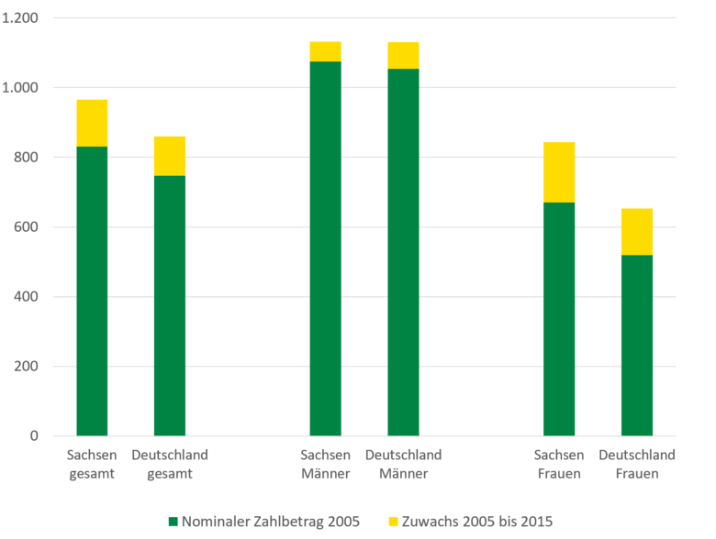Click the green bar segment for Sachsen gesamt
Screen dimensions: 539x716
[x=92, y=291]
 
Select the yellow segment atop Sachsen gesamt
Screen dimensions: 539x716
[x=92, y=123]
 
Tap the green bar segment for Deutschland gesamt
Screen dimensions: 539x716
[x=170, y=305]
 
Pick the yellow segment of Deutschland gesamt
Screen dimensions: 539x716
[x=170, y=156]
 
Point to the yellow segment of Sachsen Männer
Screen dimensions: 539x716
[x=325, y=51]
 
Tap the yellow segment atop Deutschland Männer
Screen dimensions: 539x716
[x=403, y=55]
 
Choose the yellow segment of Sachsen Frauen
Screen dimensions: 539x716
[x=559, y=172]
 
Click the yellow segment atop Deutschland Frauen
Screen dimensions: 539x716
[x=637, y=232]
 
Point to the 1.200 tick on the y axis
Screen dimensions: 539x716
[x=20, y=18]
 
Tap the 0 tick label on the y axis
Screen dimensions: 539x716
[x=35, y=436]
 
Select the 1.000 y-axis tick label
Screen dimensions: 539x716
[x=20, y=88]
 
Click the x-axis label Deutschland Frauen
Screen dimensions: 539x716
[x=637, y=464]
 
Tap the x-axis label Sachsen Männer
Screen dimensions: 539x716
[x=325, y=464]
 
